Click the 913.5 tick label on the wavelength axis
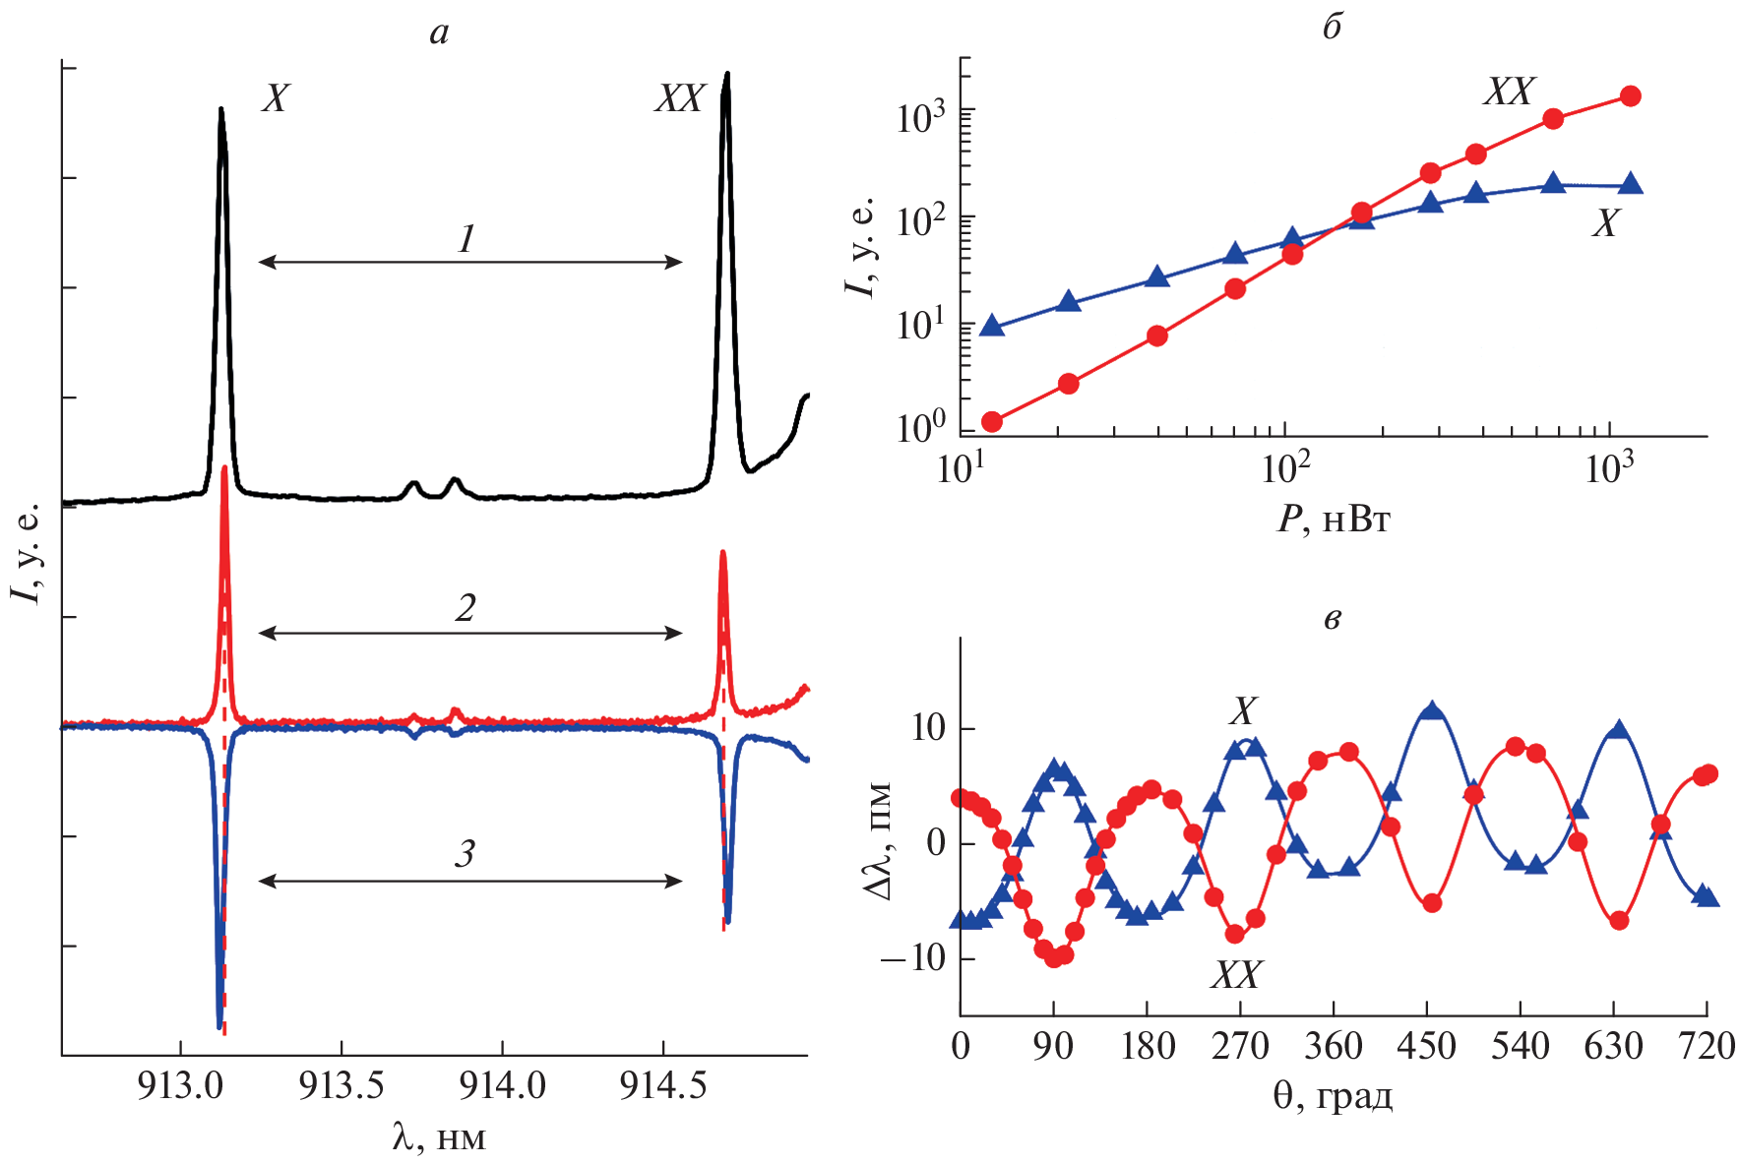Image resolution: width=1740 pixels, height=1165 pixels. (x=341, y=1084)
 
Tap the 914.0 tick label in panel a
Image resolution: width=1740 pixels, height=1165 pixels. (x=502, y=1084)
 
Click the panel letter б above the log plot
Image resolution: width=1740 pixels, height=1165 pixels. (x=1332, y=28)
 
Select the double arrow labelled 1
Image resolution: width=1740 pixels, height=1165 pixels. (x=469, y=262)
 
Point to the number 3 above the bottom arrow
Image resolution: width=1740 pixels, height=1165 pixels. (x=465, y=853)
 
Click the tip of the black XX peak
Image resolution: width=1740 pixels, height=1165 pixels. (x=726, y=75)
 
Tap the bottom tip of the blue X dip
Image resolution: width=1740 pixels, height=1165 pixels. (x=218, y=1026)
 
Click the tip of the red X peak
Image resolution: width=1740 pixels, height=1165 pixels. (x=225, y=467)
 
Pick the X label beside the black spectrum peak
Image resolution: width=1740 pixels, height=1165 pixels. (x=276, y=98)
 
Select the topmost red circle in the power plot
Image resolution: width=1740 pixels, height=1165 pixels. (x=1630, y=96)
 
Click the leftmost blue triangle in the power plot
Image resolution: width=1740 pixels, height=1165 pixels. (x=992, y=326)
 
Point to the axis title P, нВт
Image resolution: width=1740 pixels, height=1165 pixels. (x=1334, y=519)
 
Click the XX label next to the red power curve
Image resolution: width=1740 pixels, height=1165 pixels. (x=1508, y=92)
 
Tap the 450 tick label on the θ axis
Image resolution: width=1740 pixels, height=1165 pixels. (x=1427, y=1046)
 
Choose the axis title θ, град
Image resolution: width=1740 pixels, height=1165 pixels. (x=1333, y=1095)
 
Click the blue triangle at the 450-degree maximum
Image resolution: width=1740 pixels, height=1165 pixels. (x=1432, y=711)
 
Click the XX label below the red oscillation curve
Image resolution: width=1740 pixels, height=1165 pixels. (x=1235, y=974)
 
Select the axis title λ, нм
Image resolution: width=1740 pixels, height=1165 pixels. (x=439, y=1137)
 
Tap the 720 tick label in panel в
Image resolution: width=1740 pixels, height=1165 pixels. (x=1706, y=1046)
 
